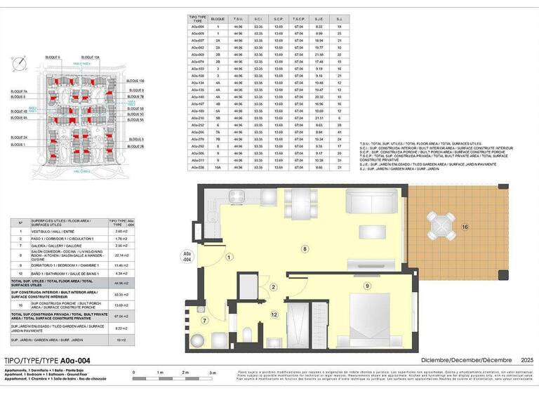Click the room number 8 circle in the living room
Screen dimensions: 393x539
(304, 248)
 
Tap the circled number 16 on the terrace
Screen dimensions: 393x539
(465, 227)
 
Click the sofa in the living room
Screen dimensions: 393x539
(371, 203)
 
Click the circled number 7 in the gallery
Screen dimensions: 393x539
(204, 321)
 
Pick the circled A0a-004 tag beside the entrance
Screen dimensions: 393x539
(187, 255)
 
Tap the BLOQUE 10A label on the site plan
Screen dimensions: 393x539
(91, 58)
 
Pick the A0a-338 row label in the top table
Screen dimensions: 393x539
(197, 168)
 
